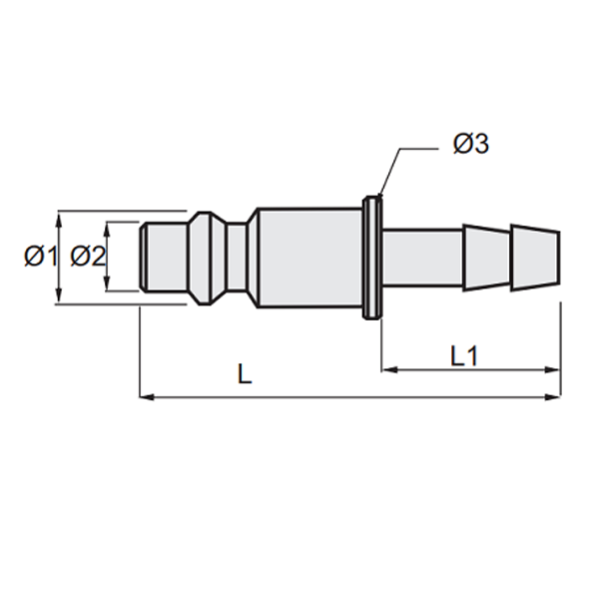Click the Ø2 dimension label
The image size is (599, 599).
pyautogui.click(x=88, y=258)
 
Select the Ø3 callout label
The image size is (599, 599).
pyautogui.click(x=469, y=146)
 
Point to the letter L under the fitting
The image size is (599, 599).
pyautogui.click(x=245, y=376)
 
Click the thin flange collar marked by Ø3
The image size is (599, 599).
pyautogui.click(x=374, y=258)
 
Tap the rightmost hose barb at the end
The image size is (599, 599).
pyautogui.click(x=535, y=258)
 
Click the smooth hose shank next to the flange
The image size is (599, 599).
pyautogui.click(x=421, y=258)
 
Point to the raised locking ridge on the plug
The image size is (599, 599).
pyautogui.click(x=204, y=258)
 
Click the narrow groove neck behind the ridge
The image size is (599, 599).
pyautogui.click(x=236, y=258)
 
